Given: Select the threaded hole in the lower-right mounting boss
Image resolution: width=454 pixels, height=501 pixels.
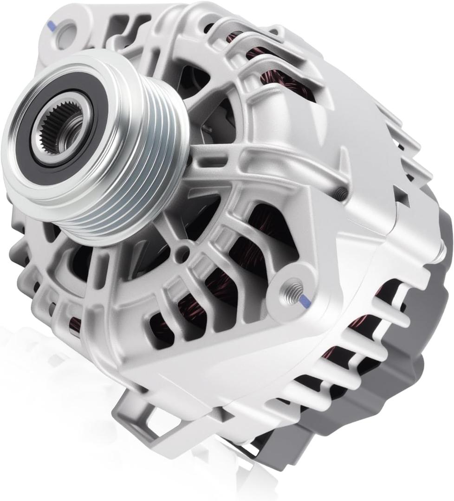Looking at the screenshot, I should tap(293, 289).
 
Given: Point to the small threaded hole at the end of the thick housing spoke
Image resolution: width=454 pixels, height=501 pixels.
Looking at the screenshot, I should tap(341, 194).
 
